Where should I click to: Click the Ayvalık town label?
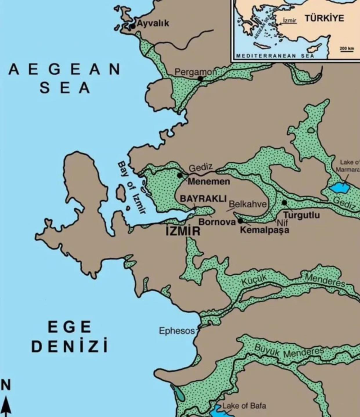click(x=152, y=24)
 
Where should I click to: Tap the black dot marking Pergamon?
click(x=200, y=79)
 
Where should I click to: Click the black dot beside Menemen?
click(x=180, y=175)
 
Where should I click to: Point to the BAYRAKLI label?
click(x=203, y=199)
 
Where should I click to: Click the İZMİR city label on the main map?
click(x=182, y=231)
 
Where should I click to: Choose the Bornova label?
click(x=215, y=222)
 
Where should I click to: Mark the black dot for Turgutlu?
click(x=285, y=202)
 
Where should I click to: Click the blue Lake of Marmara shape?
click(x=340, y=186)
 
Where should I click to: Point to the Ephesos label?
click(x=177, y=331)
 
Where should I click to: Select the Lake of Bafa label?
click(x=244, y=406)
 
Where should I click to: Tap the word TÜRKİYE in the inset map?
click(x=324, y=18)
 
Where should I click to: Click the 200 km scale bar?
click(x=346, y=51)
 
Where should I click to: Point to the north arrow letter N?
click(x=6, y=385)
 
